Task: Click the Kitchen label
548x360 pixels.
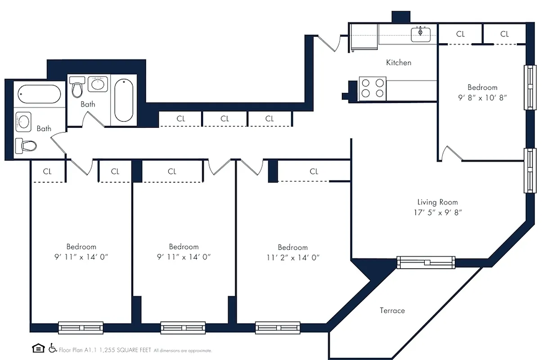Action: [x=399, y=63]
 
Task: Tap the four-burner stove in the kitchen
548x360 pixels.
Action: [x=373, y=88]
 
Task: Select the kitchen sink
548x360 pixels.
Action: [x=421, y=34]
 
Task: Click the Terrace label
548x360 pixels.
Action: [x=392, y=310]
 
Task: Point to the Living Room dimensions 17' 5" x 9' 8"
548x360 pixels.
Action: [x=437, y=213]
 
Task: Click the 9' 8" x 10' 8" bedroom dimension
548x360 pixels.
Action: [x=482, y=98]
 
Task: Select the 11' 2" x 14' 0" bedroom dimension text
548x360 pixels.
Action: [x=292, y=258]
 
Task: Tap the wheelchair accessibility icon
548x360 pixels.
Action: [x=53, y=348]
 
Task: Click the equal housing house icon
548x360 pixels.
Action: [x=39, y=348]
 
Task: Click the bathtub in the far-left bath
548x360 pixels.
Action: [x=39, y=94]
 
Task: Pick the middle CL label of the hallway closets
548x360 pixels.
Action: [x=225, y=119]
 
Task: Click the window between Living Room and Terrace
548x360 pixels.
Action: [x=426, y=262]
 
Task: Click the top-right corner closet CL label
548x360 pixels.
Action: [x=504, y=34]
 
